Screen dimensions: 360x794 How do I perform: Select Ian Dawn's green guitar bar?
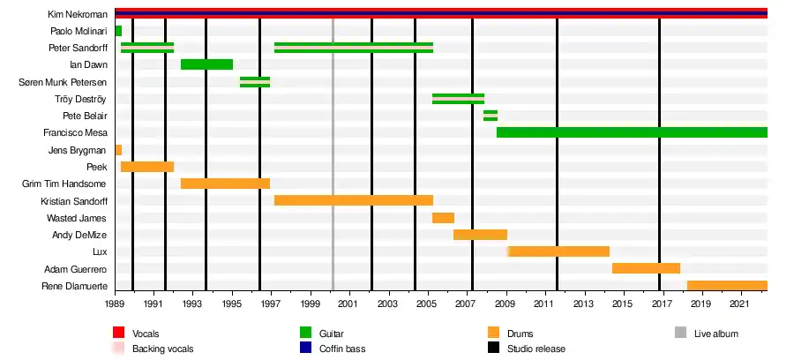click(x=206, y=64)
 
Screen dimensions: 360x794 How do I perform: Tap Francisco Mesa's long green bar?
click(x=631, y=132)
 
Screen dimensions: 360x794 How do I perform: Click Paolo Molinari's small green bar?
click(x=118, y=31)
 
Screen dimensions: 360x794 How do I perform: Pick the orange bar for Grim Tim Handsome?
click(x=225, y=184)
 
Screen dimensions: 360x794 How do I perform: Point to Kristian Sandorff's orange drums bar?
click(x=353, y=200)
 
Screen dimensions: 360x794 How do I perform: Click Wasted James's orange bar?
click(x=443, y=218)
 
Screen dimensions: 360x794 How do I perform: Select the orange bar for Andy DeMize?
click(x=480, y=235)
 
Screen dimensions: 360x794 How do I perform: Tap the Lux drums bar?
click(x=558, y=251)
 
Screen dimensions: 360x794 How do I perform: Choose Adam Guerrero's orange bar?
click(x=646, y=268)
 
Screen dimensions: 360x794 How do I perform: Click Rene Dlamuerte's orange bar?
click(x=727, y=286)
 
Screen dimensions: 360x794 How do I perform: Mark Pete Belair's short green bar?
click(x=490, y=116)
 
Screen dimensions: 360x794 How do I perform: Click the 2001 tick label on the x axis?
click(x=349, y=304)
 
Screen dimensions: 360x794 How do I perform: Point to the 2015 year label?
click(x=621, y=304)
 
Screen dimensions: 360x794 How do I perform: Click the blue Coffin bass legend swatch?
click(x=306, y=349)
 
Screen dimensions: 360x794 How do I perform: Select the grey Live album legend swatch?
click(x=680, y=333)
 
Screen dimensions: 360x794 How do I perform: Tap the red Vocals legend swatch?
click(x=118, y=333)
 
